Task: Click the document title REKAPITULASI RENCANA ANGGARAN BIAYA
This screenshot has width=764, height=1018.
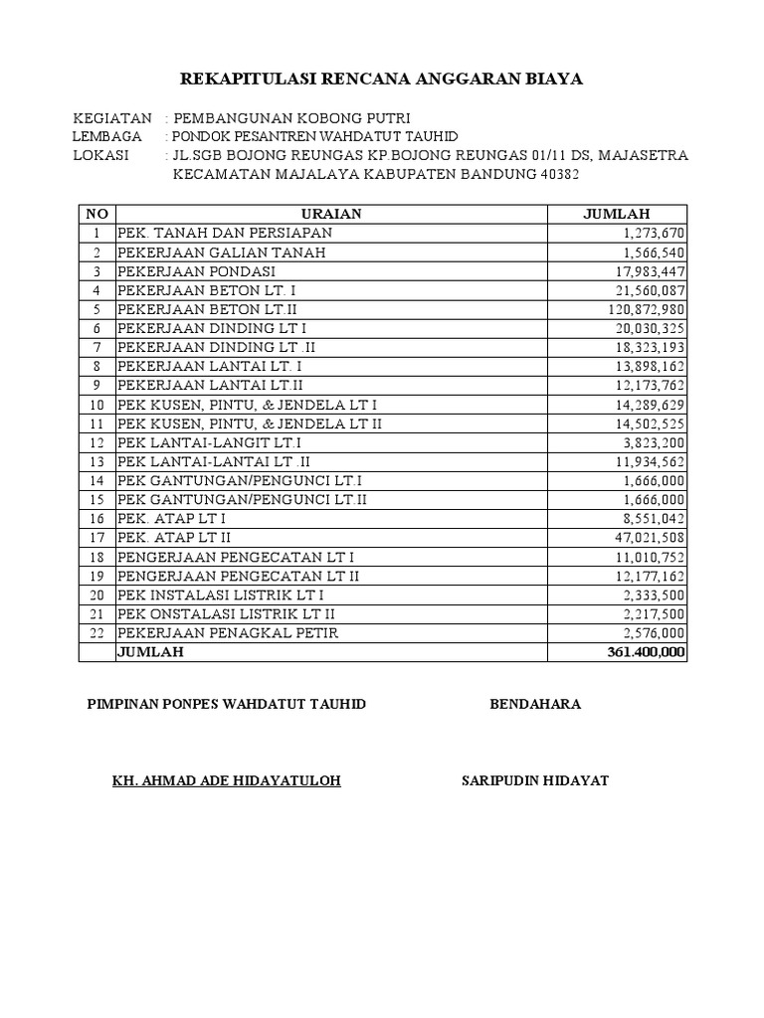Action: [x=381, y=80]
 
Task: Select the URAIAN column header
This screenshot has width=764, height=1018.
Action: [x=331, y=214]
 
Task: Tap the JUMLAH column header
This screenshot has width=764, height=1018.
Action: [x=616, y=214]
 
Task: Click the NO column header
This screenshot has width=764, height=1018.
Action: [x=96, y=214]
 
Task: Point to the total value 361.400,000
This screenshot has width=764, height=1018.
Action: [x=646, y=652]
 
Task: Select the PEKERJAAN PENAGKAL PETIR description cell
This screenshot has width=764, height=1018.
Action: [x=228, y=633]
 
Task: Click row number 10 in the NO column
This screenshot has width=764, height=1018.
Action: [x=96, y=405]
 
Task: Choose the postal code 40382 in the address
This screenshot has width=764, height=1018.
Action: [x=554, y=175]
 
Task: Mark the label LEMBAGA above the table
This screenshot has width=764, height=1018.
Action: [x=107, y=136]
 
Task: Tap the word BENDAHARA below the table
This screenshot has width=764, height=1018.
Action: [x=535, y=704]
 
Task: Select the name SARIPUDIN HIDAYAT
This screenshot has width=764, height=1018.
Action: [x=535, y=780]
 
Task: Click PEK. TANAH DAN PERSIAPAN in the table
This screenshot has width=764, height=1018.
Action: [x=225, y=233]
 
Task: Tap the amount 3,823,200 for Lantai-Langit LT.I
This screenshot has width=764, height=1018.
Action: [x=653, y=442]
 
